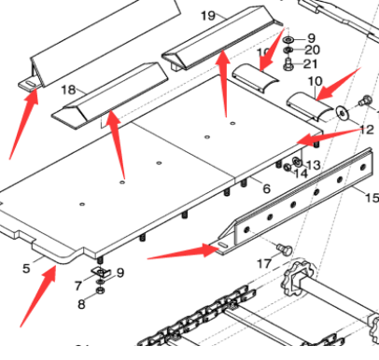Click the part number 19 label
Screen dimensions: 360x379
tap(207, 16)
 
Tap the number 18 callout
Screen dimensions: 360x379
tap(67, 90)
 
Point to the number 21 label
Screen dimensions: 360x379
tap(312, 63)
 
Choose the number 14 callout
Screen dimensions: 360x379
tap(300, 173)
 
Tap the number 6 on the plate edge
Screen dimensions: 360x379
tap(266, 188)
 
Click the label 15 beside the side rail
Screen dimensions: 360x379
tap(371, 198)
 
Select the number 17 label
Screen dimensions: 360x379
tap(263, 264)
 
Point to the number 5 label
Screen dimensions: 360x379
tap(26, 270)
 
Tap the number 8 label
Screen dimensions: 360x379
tap(80, 304)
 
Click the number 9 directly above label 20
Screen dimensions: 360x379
tap(312, 36)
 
